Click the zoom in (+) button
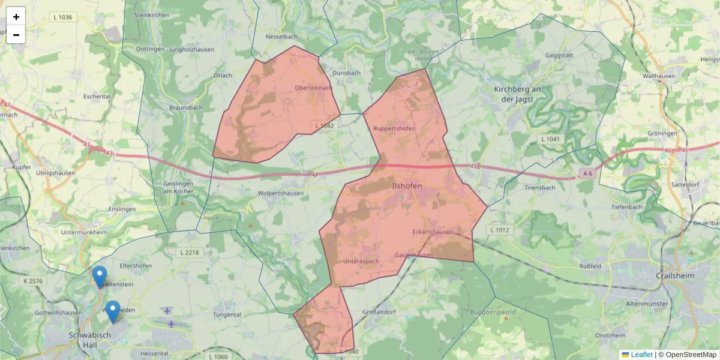(x=16, y=17)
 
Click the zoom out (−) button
(x=16, y=35)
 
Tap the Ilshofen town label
(x=406, y=186)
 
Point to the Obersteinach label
(x=313, y=88)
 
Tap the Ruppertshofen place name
(x=394, y=128)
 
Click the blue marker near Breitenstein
(x=100, y=277)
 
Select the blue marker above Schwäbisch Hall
(x=113, y=311)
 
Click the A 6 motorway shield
(x=588, y=173)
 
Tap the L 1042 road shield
(x=324, y=125)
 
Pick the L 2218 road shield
(x=190, y=253)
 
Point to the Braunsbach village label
(x=185, y=108)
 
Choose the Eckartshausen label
(x=433, y=232)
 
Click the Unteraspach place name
(x=361, y=262)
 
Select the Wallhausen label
(x=658, y=76)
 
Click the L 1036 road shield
(x=62, y=17)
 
